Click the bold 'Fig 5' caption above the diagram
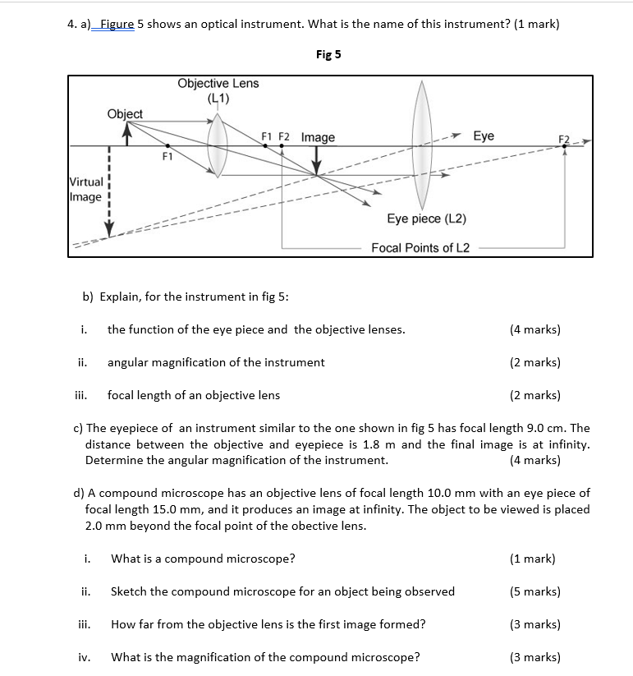pyautogui.click(x=328, y=54)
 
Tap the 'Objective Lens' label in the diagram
pyautogui.click(x=218, y=84)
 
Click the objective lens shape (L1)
pyautogui.click(x=218, y=144)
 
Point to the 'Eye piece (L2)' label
pyautogui.click(x=426, y=218)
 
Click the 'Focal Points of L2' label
pyautogui.click(x=420, y=247)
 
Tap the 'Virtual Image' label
pyautogui.click(x=86, y=189)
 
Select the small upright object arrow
pyautogui.click(x=127, y=135)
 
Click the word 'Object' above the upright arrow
pyautogui.click(x=125, y=113)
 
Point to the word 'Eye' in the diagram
pyautogui.click(x=484, y=136)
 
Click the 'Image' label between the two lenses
pyautogui.click(x=318, y=137)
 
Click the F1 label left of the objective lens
pyautogui.click(x=167, y=154)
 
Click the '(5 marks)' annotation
pyautogui.click(x=535, y=591)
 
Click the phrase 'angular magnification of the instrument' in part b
pyautogui.click(x=216, y=362)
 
